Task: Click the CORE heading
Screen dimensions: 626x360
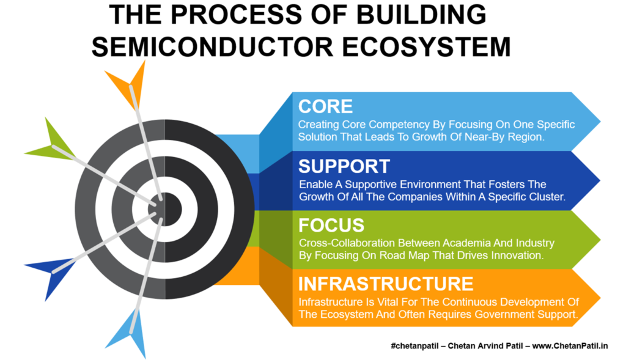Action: click(x=325, y=106)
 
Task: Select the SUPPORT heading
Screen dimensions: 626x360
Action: click(x=344, y=166)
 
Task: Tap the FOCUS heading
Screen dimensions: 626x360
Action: click(x=331, y=226)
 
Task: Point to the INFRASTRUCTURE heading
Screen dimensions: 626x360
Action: click(x=386, y=284)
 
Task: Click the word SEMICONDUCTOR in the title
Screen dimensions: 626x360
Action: click(x=213, y=46)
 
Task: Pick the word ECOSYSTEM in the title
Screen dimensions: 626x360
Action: click(x=426, y=46)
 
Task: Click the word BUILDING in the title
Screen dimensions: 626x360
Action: click(x=421, y=15)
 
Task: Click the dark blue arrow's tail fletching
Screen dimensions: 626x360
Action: click(x=52, y=276)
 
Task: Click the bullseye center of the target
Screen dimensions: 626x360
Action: click(x=165, y=209)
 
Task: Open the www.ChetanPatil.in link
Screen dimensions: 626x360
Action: click(x=570, y=345)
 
